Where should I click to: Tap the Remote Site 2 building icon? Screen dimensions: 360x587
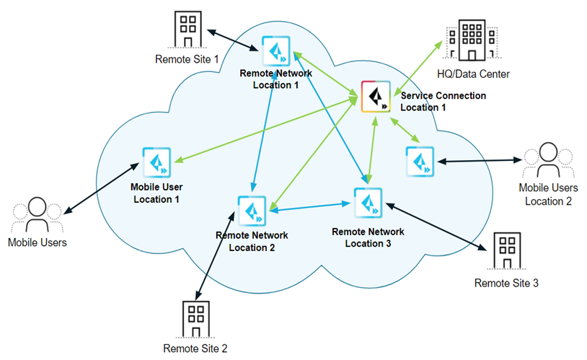[x=195, y=316]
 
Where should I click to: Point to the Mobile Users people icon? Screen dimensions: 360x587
[x=37, y=214]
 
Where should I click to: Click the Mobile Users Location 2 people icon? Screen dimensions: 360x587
[x=547, y=160]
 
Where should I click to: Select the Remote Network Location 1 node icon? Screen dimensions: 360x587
[x=275, y=52]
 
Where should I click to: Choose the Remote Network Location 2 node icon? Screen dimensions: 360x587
[x=253, y=211]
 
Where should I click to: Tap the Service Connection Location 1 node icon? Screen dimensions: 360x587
[x=376, y=98]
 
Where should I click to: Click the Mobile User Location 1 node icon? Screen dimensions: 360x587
[x=156, y=163]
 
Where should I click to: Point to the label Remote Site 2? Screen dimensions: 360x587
[x=195, y=349]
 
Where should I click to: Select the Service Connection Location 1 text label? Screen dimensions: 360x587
[x=443, y=101]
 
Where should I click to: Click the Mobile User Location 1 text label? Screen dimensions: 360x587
[x=156, y=193]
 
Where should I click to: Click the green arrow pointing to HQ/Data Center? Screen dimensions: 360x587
[x=417, y=66]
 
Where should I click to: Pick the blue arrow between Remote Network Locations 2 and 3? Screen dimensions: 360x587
[x=311, y=208]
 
